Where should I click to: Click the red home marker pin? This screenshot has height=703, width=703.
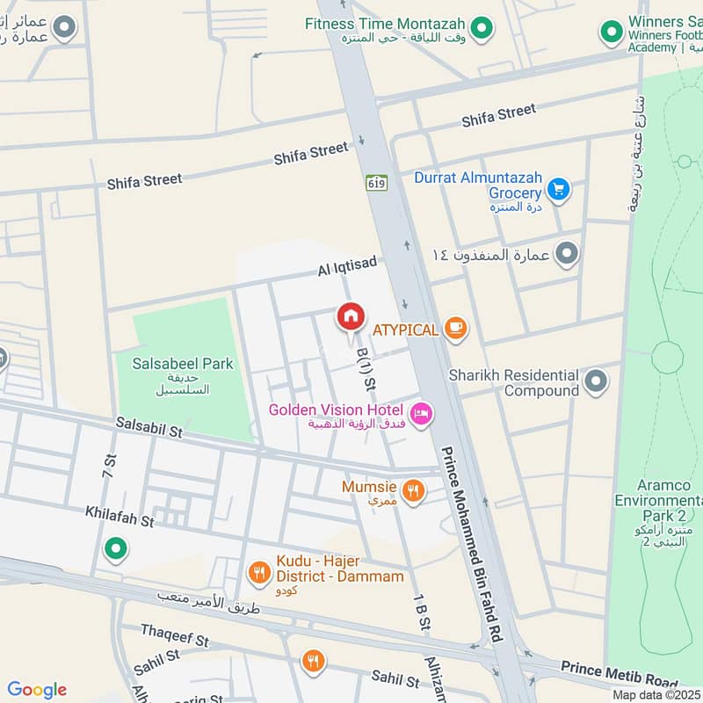pyautogui.click(x=351, y=316)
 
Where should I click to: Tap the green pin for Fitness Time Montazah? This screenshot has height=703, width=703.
pyautogui.click(x=480, y=30)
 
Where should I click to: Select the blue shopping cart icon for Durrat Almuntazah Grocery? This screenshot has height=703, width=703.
pyautogui.click(x=558, y=188)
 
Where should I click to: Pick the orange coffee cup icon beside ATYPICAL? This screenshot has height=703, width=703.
pyautogui.click(x=455, y=329)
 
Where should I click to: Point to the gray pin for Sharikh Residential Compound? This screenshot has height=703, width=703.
pyautogui.click(x=596, y=381)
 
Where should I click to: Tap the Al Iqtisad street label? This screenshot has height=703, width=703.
pyautogui.click(x=347, y=267)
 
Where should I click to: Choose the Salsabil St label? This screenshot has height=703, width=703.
pyautogui.click(x=149, y=428)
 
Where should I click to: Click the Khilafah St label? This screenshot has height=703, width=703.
pyautogui.click(x=120, y=516)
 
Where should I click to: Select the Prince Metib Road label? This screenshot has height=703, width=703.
pyautogui.click(x=619, y=672)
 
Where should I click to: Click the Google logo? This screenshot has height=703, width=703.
pyautogui.click(x=37, y=690)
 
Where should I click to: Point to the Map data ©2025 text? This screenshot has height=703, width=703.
pyautogui.click(x=656, y=694)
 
